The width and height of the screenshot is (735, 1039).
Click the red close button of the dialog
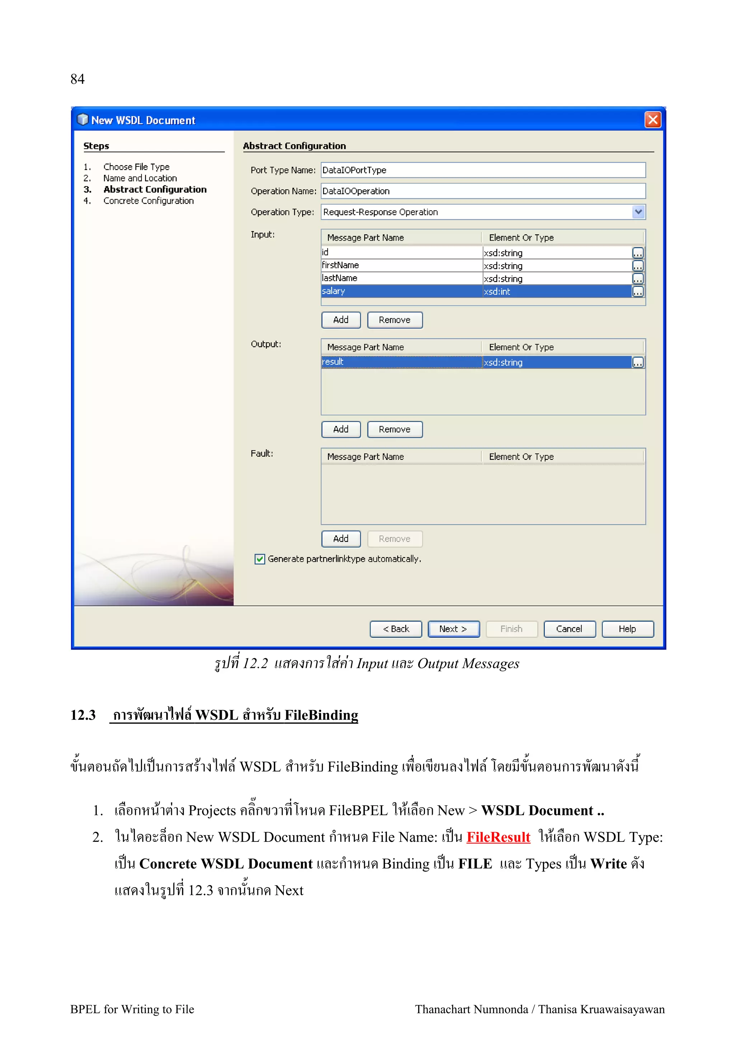[652, 120]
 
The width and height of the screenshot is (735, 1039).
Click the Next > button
[453, 628]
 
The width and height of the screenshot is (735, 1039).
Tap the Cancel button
[569, 628]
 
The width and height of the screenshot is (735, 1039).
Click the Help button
[627, 628]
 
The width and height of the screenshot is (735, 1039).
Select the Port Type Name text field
[483, 170]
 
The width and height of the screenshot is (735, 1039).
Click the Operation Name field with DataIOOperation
[483, 191]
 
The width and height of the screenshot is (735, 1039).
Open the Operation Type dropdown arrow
[638, 212]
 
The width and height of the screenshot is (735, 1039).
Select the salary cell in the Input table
[401, 291]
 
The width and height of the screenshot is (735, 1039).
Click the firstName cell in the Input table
[401, 265]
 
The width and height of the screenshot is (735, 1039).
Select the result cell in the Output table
[401, 362]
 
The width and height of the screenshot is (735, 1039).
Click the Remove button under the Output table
[394, 429]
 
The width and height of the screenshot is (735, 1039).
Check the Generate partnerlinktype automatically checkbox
[259, 559]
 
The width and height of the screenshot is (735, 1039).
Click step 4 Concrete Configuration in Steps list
[148, 200]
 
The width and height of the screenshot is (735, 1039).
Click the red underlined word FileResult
[498, 837]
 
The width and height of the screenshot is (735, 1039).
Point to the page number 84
[78, 79]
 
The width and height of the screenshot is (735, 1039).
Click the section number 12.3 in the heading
[83, 715]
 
